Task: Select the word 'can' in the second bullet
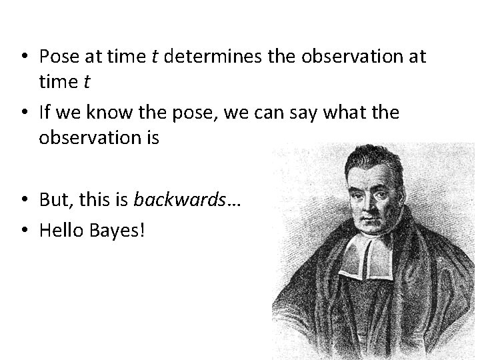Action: pos(267,113)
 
